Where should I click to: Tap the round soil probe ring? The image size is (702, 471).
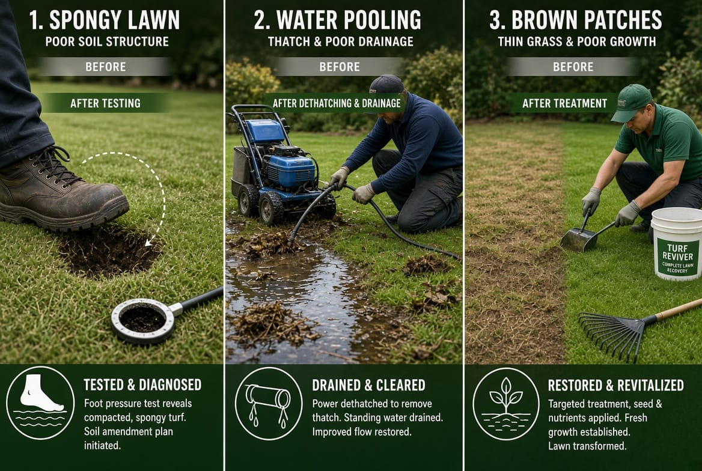pos(143,321)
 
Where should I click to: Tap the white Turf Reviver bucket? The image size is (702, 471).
pos(677,243)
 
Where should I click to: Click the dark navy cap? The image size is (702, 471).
pos(386,84)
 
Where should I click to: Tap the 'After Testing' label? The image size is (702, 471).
pos(106,103)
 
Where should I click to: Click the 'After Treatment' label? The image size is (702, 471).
pos(564,103)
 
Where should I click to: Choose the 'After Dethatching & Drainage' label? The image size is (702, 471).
pos(337,103)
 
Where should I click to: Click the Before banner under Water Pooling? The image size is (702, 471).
pos(340,67)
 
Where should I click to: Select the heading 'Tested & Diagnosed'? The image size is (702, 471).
pos(142,384)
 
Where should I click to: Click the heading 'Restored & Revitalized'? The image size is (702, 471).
pos(615,385)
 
